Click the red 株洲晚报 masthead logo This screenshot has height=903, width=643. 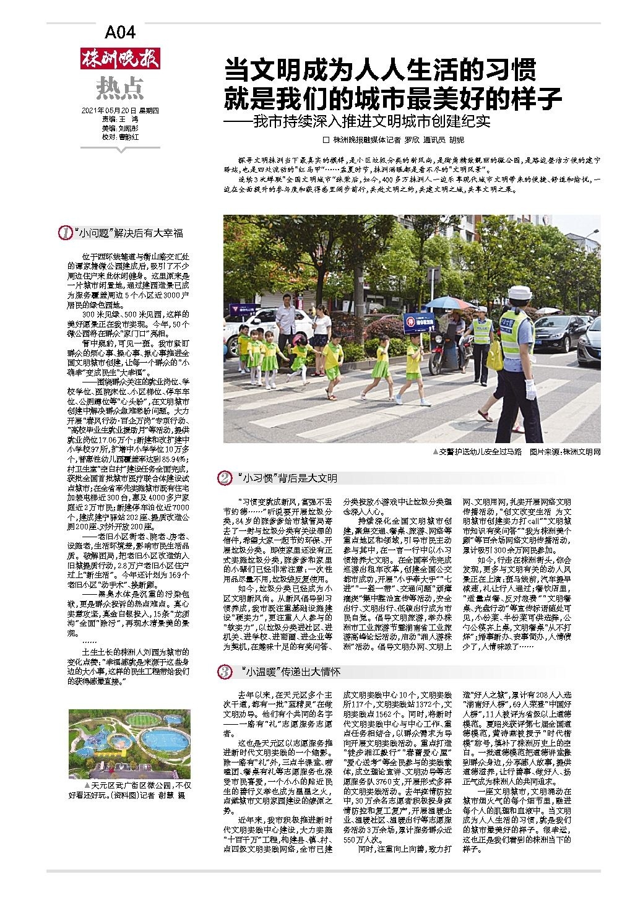(x=120, y=59)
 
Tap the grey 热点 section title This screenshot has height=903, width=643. (x=119, y=89)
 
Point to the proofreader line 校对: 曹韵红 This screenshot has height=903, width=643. (x=121, y=136)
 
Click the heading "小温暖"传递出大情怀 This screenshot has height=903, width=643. (x=290, y=672)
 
